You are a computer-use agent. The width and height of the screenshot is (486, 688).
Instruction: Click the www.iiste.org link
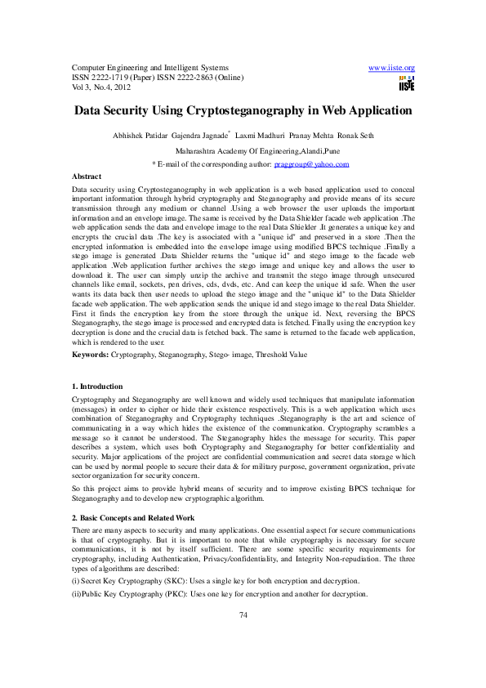pos(392,67)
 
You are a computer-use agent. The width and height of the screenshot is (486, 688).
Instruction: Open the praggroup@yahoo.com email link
pos(311,164)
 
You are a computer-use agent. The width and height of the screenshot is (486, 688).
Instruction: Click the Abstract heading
pos(87,176)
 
